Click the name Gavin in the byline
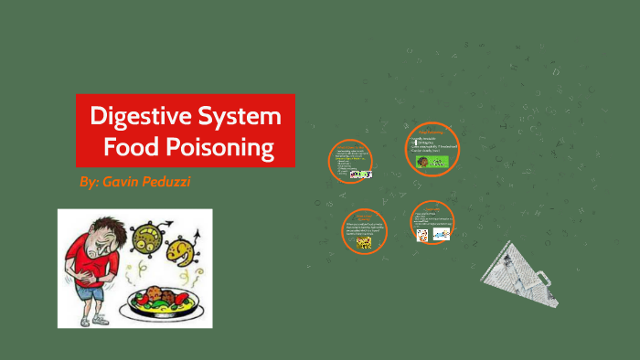[126, 182]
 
